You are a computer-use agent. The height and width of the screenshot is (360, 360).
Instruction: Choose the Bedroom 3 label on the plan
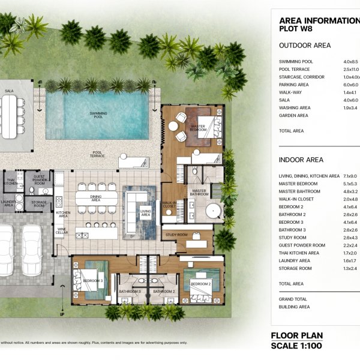coord(92,280)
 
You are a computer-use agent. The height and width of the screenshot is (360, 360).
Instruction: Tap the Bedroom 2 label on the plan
coord(202,283)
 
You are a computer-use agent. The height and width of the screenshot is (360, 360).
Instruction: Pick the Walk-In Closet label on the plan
coord(170,204)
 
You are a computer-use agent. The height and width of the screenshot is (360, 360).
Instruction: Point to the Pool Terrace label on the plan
coord(98,154)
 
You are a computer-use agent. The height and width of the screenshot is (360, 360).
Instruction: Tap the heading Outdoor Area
coord(305,45)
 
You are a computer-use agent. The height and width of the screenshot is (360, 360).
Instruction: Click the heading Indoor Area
coord(301,160)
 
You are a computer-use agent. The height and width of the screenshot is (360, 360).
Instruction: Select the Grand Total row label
coord(293,298)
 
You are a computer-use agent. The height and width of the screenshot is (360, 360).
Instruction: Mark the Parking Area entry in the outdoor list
coord(295,85)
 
